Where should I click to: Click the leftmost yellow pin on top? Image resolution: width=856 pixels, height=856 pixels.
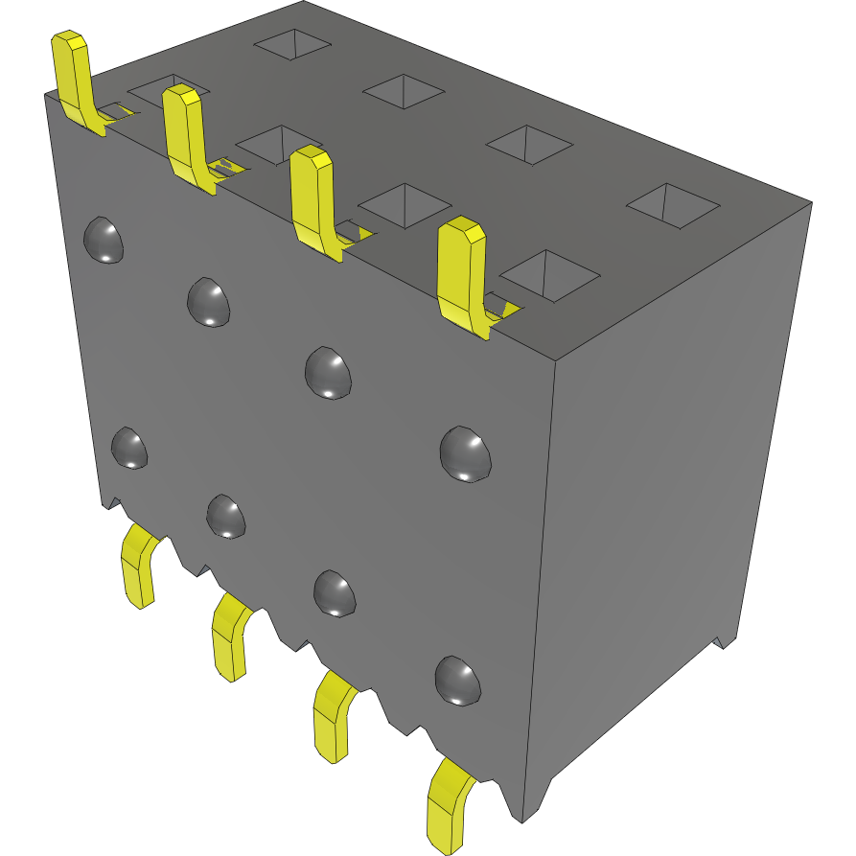click(74, 77)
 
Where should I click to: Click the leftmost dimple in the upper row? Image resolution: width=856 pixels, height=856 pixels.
click(104, 240)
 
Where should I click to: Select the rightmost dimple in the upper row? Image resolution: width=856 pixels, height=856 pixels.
click(466, 452)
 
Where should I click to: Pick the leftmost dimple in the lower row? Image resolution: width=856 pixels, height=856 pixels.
click(129, 448)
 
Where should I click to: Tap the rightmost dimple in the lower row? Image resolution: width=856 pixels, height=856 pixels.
click(457, 680)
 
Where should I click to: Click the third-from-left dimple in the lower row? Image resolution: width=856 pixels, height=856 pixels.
click(335, 592)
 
